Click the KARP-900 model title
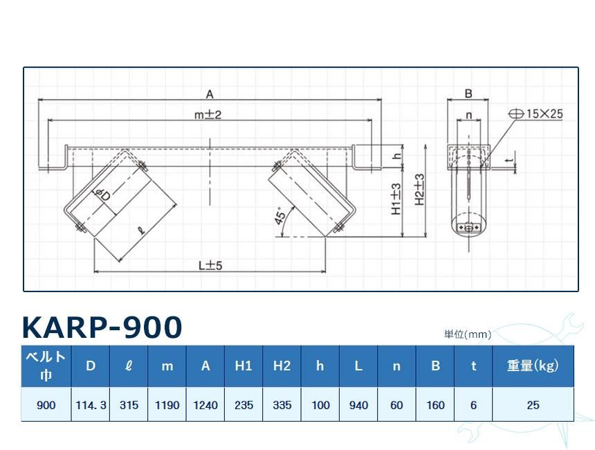point(102,327)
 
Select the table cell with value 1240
point(205,405)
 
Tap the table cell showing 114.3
point(91,405)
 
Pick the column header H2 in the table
point(282,366)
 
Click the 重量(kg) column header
point(533,366)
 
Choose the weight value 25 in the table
point(533,405)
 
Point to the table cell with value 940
point(358,405)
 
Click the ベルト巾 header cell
point(46,366)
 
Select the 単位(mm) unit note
point(468,334)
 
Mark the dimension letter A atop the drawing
point(210,93)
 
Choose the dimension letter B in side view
point(468,93)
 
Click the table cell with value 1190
point(167,405)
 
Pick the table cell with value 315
point(129,405)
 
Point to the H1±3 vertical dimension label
point(396,199)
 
